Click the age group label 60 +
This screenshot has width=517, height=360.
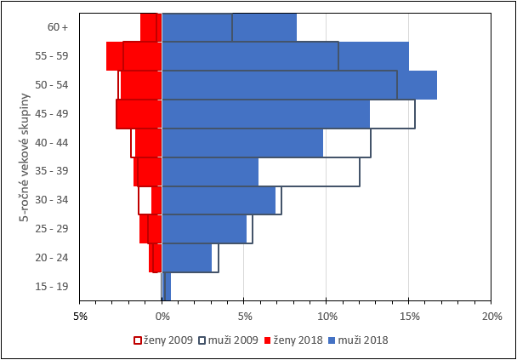pos(58,27)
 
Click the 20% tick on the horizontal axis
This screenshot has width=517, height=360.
pos(491,317)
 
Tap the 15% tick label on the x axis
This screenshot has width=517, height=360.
pos(408,317)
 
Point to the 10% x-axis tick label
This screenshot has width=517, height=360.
pos(326,317)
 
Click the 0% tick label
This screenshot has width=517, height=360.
pos(162,317)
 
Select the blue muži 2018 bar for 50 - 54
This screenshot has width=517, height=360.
pos(298,85)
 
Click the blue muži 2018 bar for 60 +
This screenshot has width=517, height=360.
pos(230,27)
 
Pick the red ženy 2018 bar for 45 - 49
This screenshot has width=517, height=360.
pos(139,114)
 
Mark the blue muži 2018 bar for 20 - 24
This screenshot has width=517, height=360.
pos(186,258)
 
